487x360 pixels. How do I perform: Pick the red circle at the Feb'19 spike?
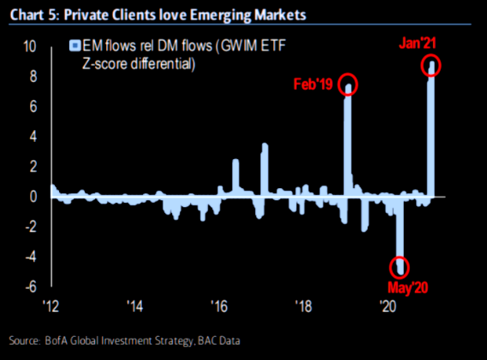pyautogui.click(x=348, y=85)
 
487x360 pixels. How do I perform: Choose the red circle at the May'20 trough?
pyautogui.click(x=399, y=266)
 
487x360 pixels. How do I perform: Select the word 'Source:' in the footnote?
pyautogui.click(x=25, y=341)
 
